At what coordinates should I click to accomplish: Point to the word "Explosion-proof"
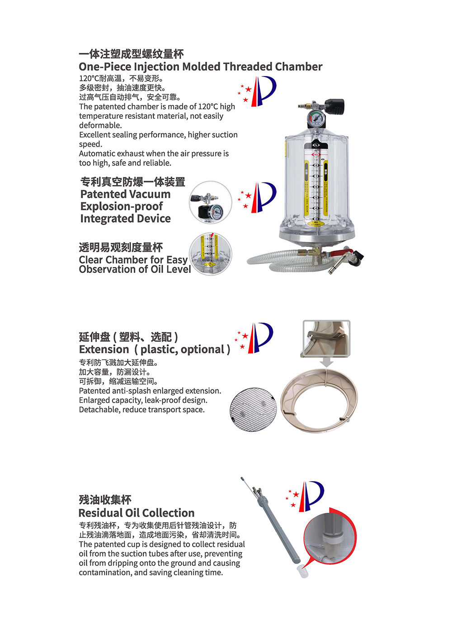[122, 206]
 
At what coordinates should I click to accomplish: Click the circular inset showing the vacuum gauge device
[210, 202]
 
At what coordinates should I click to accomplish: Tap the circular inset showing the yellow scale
[210, 254]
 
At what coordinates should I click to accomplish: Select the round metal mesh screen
[253, 410]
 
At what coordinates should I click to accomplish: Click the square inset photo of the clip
[327, 338]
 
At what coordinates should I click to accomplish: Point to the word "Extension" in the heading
[104, 349]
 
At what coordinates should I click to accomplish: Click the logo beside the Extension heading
[254, 338]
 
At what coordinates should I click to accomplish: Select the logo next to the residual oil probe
[305, 497]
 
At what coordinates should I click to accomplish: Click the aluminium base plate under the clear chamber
[317, 238]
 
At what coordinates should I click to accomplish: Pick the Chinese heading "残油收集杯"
[105, 500]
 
